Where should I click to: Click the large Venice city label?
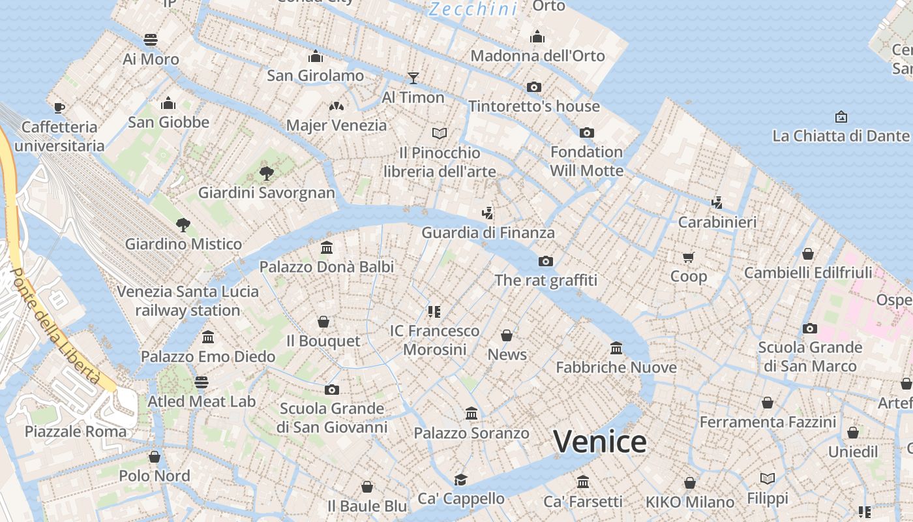point(600,442)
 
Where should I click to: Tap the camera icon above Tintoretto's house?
point(534,87)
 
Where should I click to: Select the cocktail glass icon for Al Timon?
point(413,78)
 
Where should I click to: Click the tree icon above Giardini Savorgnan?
point(266,173)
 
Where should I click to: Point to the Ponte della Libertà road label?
point(55,326)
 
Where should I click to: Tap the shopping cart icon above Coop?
point(689,257)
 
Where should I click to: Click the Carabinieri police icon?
point(717,203)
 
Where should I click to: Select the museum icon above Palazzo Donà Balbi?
point(327,248)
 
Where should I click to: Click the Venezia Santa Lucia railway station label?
point(188,301)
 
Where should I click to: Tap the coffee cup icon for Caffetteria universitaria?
point(59,108)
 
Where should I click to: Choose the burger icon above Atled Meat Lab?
point(202,382)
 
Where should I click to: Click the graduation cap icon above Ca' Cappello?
point(461,480)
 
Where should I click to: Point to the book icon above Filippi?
point(768,479)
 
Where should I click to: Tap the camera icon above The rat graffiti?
point(546,261)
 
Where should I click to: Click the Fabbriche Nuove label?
point(616,367)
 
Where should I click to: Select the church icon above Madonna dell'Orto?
point(537,37)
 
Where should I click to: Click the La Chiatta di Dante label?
point(841,136)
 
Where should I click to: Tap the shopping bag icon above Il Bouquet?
point(323,322)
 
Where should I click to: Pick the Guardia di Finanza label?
point(488,232)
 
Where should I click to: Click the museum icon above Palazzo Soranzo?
point(471,414)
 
